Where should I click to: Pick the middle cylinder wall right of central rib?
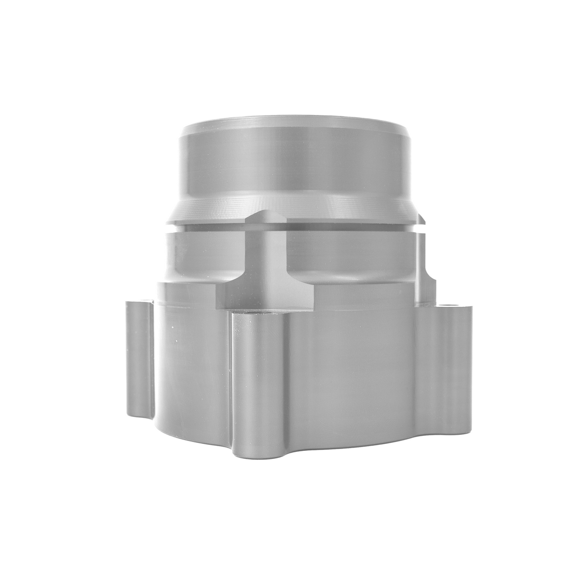pos(349,254)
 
